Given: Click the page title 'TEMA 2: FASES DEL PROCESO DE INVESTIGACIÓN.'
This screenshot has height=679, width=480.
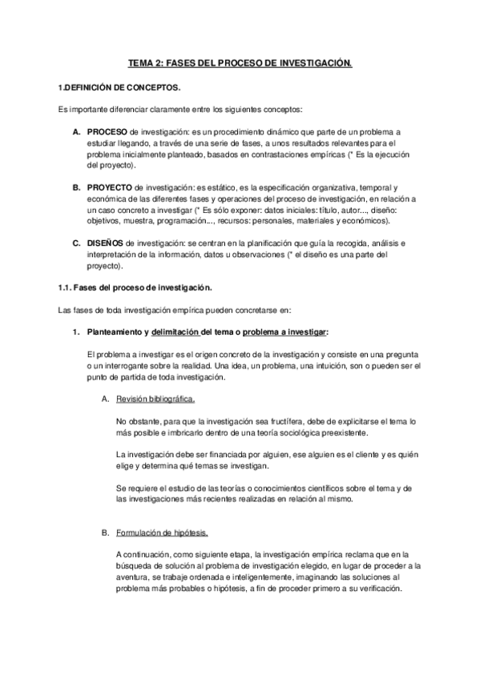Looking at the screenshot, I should pyautogui.click(x=240, y=62).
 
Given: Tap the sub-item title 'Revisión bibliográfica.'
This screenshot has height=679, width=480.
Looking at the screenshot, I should pyautogui.click(x=155, y=398).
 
